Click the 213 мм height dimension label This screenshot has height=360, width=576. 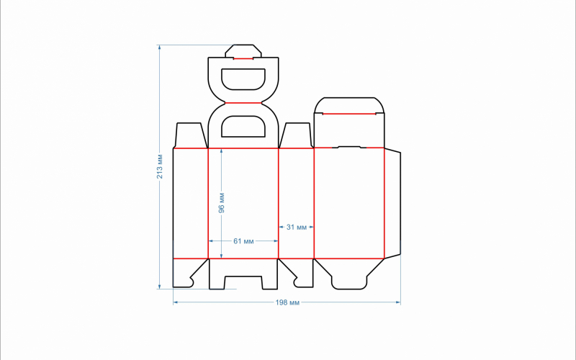(x=159, y=166)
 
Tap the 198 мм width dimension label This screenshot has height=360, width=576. (x=287, y=302)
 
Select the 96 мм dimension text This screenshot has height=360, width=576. (x=221, y=203)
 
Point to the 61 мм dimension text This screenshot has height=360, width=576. (x=243, y=241)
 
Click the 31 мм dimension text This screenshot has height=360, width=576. (x=296, y=227)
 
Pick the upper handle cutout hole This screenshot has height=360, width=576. (x=243, y=79)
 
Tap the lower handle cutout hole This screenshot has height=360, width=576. (x=243, y=127)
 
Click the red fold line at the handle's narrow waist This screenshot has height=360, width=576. (x=243, y=103)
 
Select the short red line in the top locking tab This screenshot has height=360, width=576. (x=243, y=58)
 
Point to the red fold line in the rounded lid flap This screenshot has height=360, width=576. (x=349, y=114)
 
